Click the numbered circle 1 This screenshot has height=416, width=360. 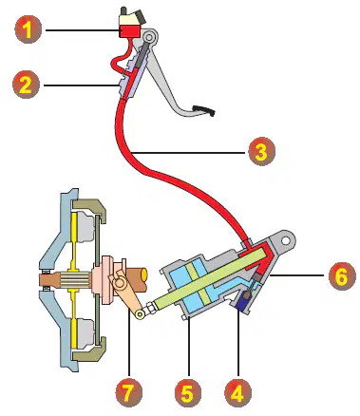[28, 30]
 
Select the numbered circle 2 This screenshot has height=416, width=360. [26, 85]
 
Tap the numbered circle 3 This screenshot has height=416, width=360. [261, 152]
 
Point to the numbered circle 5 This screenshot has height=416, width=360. [187, 393]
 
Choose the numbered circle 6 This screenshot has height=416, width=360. [342, 276]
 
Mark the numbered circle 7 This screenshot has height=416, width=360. [128, 393]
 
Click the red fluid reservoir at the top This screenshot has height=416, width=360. [129, 31]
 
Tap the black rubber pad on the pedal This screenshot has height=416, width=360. [204, 109]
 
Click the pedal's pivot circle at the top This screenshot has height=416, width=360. [148, 38]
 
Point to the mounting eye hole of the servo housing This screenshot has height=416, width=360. [286, 240]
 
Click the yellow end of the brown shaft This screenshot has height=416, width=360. [144, 275]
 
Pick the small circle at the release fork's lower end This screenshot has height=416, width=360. [139, 314]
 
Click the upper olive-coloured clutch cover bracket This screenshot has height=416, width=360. [92, 210]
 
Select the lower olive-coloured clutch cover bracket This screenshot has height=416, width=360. [91, 350]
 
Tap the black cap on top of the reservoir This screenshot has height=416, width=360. [139, 16]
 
